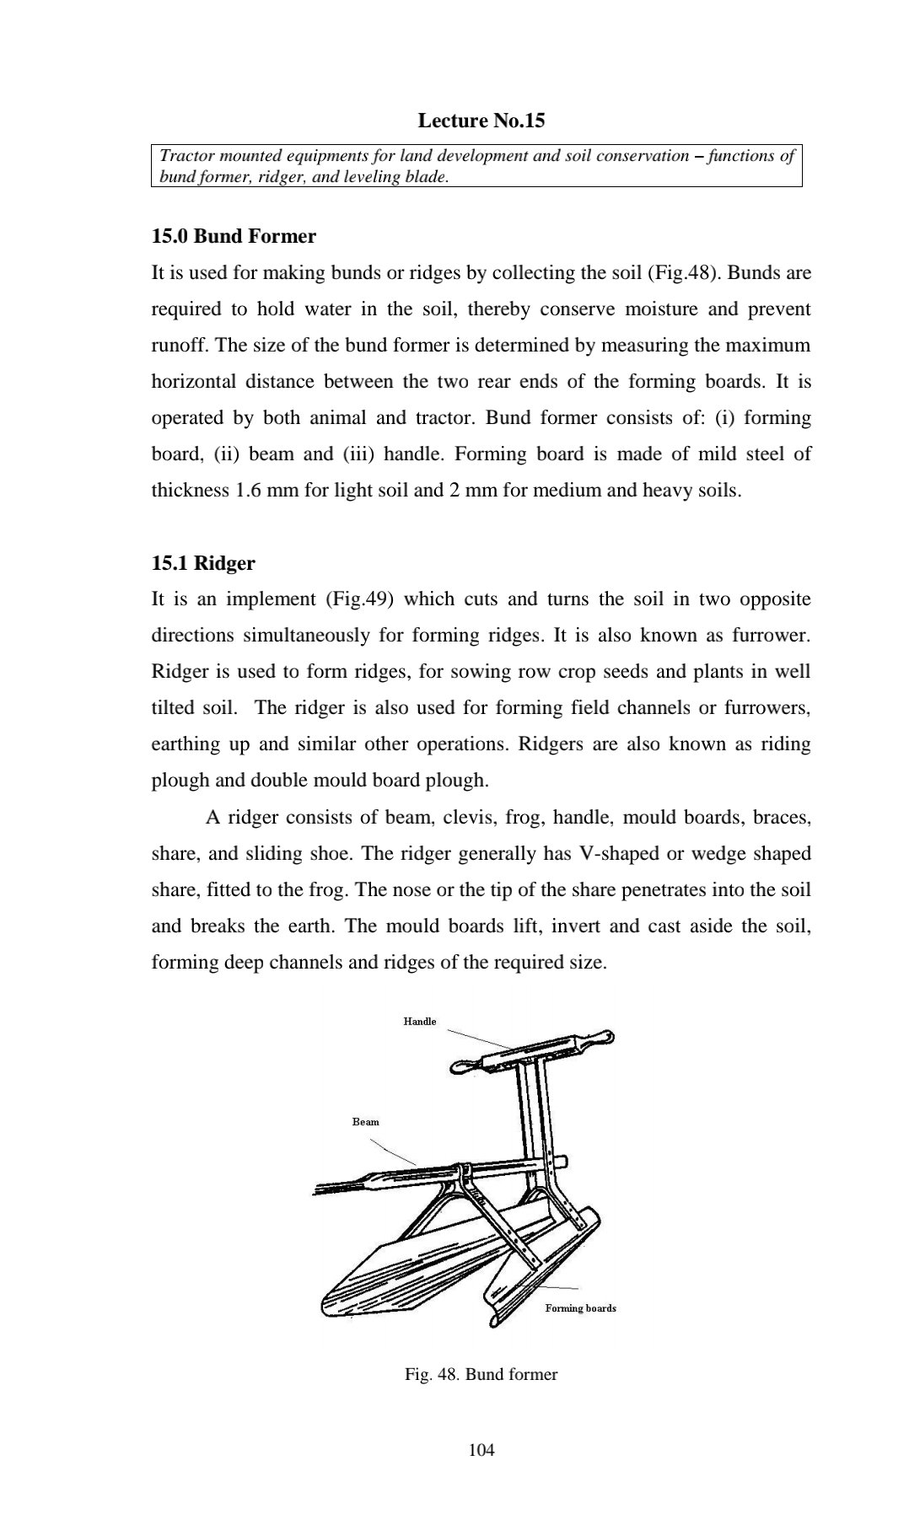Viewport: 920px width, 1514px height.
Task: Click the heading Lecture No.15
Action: click(481, 121)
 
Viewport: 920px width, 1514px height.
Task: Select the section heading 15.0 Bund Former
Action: click(234, 236)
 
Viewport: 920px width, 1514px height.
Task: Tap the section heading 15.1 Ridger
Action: click(202, 562)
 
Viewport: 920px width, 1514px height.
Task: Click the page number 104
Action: click(481, 1449)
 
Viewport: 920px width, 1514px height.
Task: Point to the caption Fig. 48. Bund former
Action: click(481, 1374)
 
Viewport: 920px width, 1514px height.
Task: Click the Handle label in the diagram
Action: click(420, 1022)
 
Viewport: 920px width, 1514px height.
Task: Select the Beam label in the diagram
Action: click(365, 1121)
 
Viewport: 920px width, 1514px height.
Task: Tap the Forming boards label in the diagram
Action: click(580, 1308)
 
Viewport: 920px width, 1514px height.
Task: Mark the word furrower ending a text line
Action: click(772, 636)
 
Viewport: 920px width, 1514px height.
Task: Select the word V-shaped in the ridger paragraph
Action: click(621, 854)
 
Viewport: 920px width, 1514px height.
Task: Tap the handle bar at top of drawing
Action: click(536, 1050)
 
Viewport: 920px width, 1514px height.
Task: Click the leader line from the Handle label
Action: click(476, 1038)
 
